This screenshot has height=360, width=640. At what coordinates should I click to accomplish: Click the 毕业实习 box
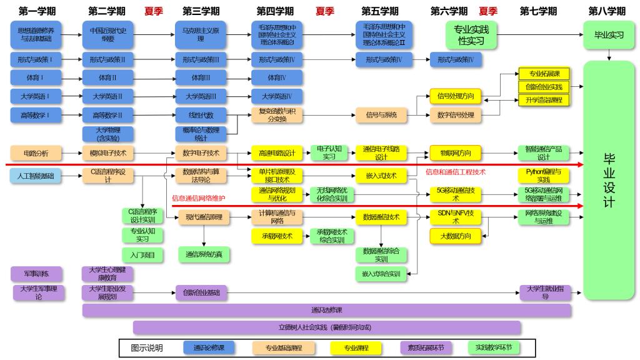pos(609,35)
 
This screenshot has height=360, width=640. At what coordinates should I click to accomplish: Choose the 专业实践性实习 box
pos(470,35)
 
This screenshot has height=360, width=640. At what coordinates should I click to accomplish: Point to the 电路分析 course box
pos(36,152)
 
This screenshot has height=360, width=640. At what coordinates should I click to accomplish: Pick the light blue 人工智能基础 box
pos(36,176)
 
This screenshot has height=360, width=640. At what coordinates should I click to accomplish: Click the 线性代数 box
pos(201,115)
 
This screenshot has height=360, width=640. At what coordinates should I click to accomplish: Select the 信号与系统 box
pos(381,115)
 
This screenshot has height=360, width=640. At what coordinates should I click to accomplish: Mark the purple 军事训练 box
pos(36,274)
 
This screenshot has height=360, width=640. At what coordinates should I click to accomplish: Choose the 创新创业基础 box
pos(201,292)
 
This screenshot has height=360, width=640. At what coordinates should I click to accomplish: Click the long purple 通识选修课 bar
pos(326,310)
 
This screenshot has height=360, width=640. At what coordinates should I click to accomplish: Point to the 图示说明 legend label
pos(146,347)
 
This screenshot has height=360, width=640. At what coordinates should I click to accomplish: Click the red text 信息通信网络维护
pos(198,198)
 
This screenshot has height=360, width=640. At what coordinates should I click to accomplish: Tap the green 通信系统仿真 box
pos(204,254)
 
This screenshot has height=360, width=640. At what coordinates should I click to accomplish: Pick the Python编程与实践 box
pos(543,175)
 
